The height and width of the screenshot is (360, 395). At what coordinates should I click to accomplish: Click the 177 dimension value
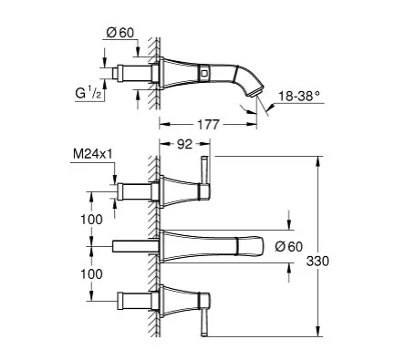click(x=208, y=125)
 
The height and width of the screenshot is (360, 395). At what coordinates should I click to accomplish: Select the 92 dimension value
click(x=185, y=144)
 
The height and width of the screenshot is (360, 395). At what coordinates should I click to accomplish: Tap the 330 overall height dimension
click(x=317, y=261)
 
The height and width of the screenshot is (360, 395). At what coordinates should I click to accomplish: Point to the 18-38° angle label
click(x=299, y=97)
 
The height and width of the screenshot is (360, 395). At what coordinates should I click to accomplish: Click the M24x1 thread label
click(x=93, y=154)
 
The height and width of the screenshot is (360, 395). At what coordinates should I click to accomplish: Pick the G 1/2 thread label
click(x=88, y=93)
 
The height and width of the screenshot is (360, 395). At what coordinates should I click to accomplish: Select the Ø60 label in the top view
click(x=120, y=33)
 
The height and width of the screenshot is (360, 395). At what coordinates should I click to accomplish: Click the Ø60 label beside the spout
click(x=289, y=247)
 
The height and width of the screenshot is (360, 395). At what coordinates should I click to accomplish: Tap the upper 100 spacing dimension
click(x=91, y=220)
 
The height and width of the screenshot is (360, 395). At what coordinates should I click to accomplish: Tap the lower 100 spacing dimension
click(x=91, y=274)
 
